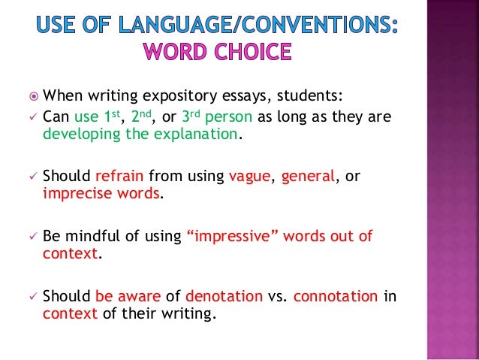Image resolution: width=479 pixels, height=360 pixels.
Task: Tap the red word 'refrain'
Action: tap(120, 176)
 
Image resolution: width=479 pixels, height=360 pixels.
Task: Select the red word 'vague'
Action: tap(252, 176)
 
